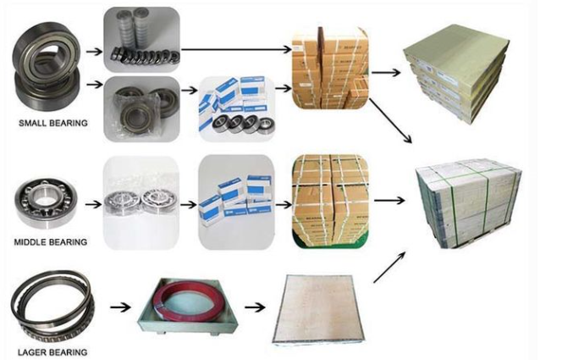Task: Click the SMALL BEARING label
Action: [53, 123]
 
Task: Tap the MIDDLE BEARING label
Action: [51, 242]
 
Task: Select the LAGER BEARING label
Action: [52, 352]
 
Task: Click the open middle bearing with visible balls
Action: [46, 203]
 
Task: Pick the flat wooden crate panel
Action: [318, 309]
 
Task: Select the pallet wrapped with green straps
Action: [469, 203]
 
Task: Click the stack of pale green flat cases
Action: [457, 73]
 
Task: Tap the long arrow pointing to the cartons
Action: [237, 49]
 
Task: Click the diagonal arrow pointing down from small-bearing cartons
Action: [391, 121]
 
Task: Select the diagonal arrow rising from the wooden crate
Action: [389, 267]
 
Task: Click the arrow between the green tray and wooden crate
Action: [255, 307]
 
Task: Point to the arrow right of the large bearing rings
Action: [120, 307]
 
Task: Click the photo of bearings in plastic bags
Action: [142, 109]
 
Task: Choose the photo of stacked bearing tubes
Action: [142, 39]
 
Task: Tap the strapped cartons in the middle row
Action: [330, 202]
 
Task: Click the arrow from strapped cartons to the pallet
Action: [389, 200]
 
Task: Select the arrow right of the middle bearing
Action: [94, 204]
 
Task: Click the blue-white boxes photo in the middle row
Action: [236, 202]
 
